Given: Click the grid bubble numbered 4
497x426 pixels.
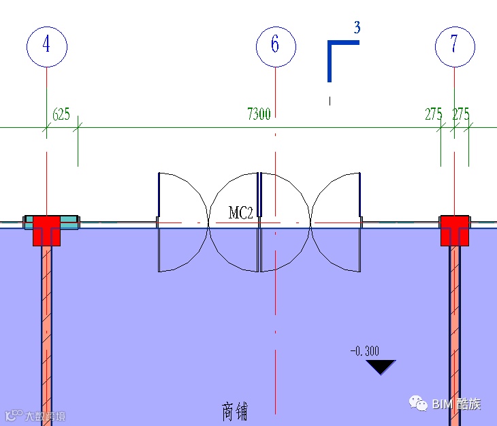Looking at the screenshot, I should [x=46, y=46].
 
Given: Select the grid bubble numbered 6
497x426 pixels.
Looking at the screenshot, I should [x=276, y=46].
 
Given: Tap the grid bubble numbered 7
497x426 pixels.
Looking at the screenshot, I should [x=454, y=46].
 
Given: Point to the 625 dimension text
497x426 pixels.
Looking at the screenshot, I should [x=61, y=114].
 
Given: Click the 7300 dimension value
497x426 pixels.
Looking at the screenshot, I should [x=259, y=114].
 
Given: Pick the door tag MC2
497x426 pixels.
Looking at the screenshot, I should [x=240, y=213].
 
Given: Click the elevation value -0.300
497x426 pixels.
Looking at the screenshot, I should [x=365, y=351].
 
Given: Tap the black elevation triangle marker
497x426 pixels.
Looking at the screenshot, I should [x=381, y=367].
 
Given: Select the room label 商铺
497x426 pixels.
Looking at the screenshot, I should [x=235, y=412].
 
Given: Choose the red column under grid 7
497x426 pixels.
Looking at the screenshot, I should [x=454, y=229].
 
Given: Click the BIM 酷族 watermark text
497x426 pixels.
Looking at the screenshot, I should [x=456, y=404].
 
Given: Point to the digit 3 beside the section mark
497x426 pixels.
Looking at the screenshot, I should [x=357, y=28].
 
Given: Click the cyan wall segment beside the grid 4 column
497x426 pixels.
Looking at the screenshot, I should [x=69, y=222].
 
